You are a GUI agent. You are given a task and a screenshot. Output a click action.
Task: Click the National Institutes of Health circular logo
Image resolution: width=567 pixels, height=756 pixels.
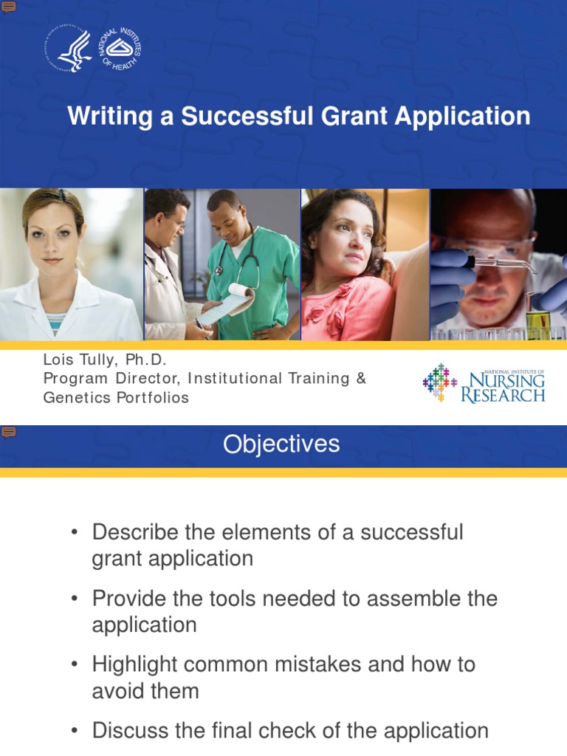click(117, 49)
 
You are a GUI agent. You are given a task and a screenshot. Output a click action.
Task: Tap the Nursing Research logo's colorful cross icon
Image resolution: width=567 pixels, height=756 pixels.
click(440, 382)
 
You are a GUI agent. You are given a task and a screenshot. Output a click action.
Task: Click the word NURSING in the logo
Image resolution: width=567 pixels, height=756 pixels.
click(507, 380)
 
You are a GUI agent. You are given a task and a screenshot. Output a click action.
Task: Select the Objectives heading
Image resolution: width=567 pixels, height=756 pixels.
click(281, 444)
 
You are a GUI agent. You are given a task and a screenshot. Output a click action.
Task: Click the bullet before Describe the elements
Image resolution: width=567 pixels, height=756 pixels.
click(74, 533)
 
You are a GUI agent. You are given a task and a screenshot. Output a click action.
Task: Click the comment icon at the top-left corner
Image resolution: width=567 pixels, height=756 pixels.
click(8, 7)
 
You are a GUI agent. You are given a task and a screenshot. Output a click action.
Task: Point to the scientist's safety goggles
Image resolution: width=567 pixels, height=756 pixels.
click(491, 247)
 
